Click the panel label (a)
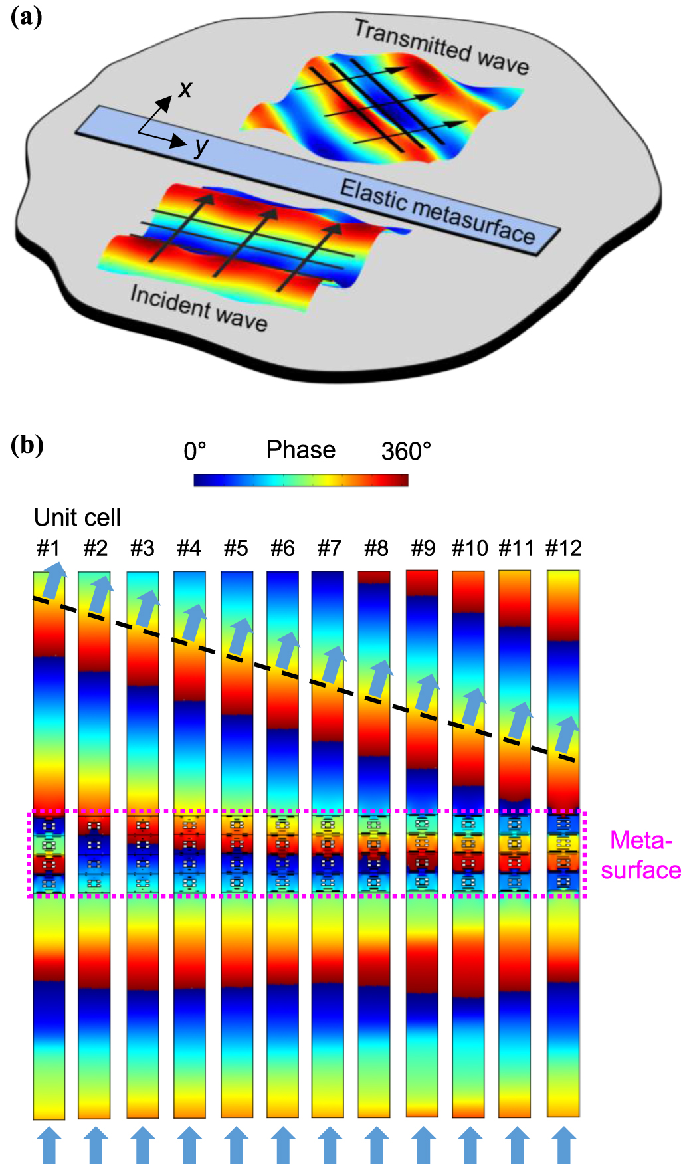pos(27,17)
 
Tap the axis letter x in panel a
pos(185,88)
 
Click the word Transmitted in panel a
pos(412,41)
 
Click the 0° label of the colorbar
pos(195,452)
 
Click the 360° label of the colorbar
pos(406,452)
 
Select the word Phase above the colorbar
pos(300,450)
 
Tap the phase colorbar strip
pos(300,480)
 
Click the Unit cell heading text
pos(77,517)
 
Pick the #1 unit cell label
pos(49,548)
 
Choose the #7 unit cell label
pos(329,548)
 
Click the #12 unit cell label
pos(563,548)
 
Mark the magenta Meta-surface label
pos(640,855)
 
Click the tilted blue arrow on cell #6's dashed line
pos(286,651)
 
